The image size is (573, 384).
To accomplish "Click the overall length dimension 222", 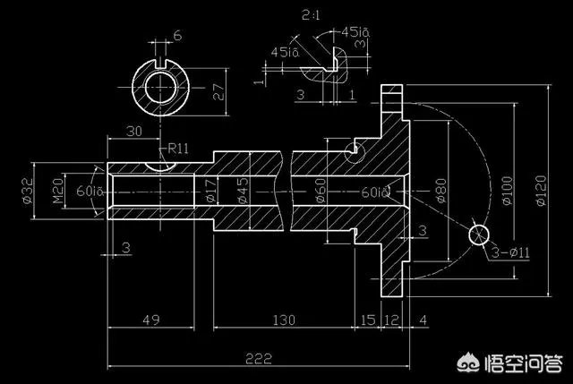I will pos(258,358).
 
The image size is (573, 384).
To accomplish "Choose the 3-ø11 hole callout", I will pos(511,253).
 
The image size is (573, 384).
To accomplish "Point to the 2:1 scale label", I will pos(312,15).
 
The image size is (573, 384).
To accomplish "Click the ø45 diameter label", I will pos(242,191).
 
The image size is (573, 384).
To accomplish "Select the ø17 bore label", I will pos(210,191).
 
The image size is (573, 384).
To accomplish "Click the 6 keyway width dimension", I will pos(176,35).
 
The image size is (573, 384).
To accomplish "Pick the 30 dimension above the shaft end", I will pos(134,131).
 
